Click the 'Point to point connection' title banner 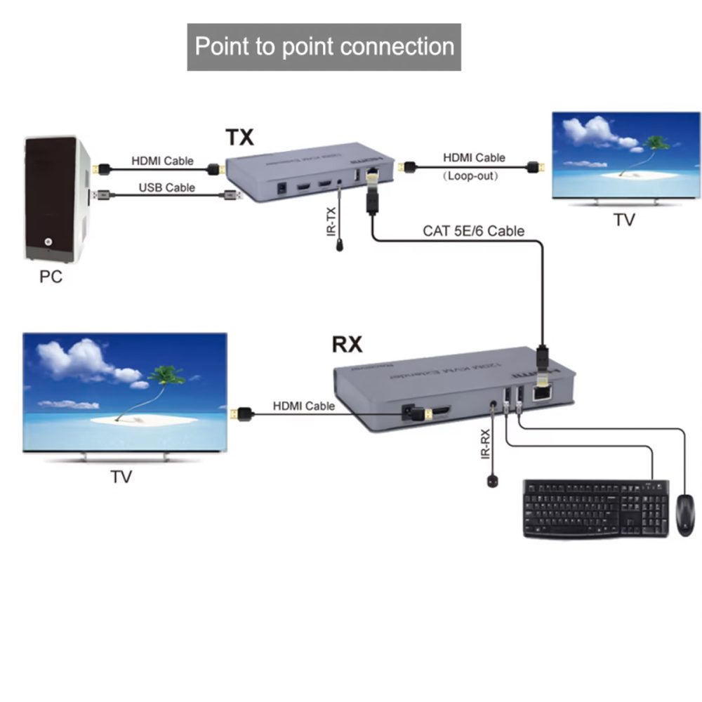coord(324,47)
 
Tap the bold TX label coord(239,137)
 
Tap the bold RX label coord(347,345)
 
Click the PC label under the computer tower coord(51,277)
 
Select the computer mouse coord(684,515)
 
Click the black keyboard coord(596,508)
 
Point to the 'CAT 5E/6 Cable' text coord(473,230)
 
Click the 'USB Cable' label coord(166,187)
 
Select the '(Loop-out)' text coord(470,176)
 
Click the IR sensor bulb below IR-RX coord(491,481)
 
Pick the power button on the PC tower coord(48,242)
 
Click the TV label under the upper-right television coord(623,220)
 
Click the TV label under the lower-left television coord(121,477)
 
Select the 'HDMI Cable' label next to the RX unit coord(304,406)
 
